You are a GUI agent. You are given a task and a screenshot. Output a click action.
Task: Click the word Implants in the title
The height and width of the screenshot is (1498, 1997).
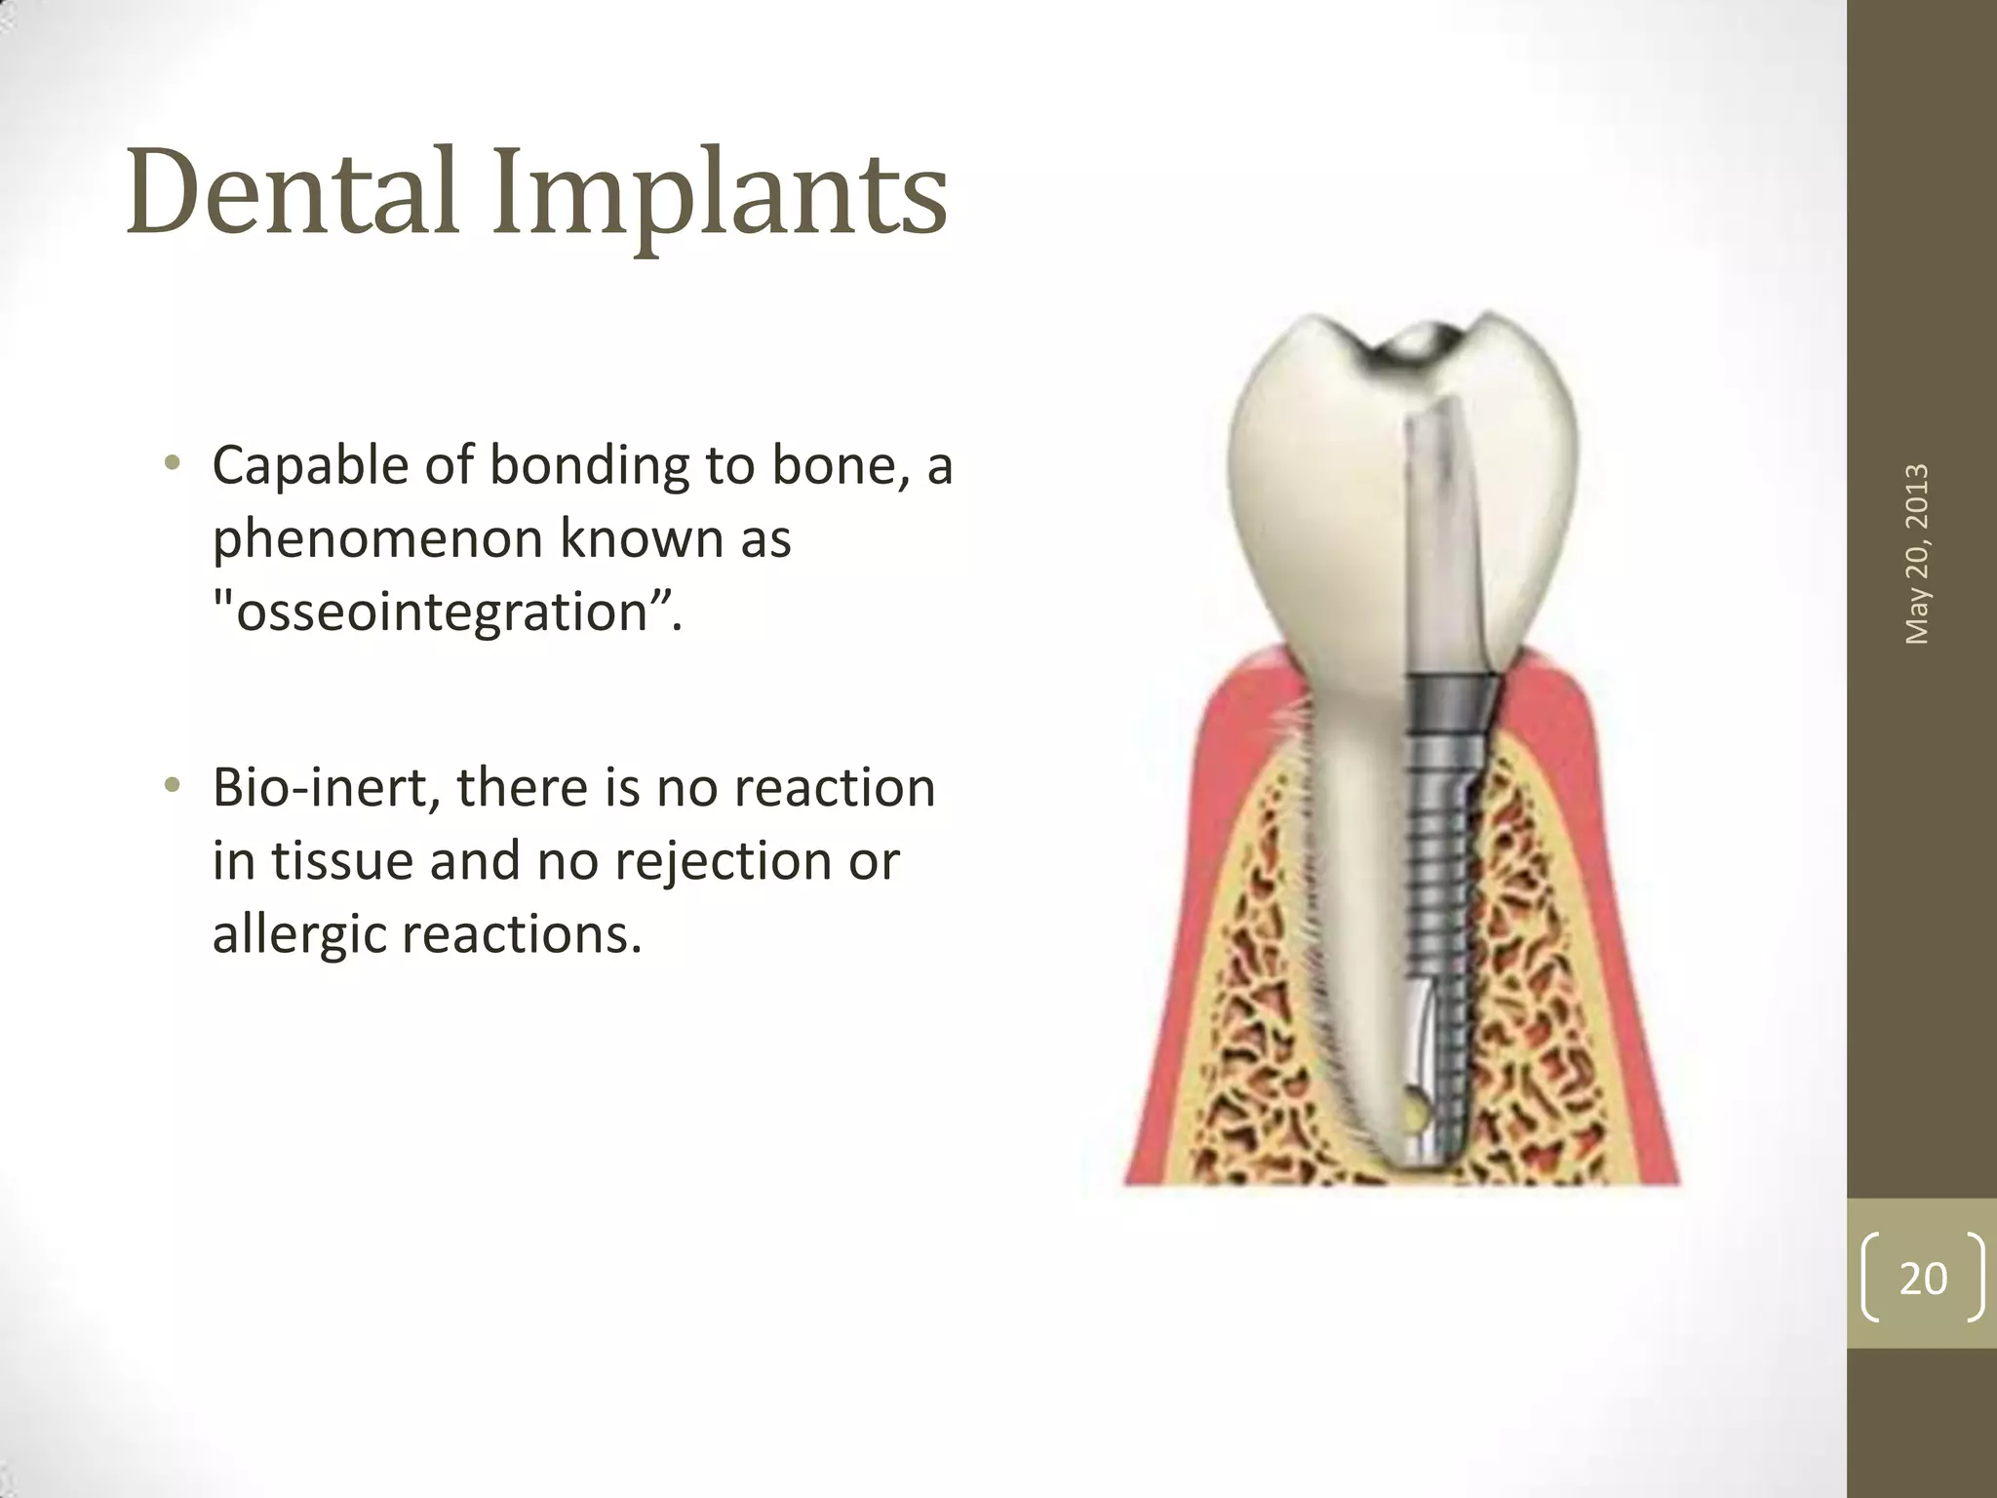(x=719, y=195)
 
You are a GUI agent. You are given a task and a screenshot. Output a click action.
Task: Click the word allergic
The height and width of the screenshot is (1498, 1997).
(x=298, y=933)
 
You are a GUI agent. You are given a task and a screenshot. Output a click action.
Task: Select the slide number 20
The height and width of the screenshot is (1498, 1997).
(x=1923, y=1279)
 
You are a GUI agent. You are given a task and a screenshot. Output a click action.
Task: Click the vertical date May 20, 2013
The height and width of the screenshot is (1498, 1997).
(x=1917, y=553)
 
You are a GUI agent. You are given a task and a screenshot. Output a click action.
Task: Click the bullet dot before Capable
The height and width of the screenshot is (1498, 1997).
(x=173, y=464)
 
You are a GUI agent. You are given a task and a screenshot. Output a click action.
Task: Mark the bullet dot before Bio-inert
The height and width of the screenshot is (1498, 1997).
(x=173, y=786)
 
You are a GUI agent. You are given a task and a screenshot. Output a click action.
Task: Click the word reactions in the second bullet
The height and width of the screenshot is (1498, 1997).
(x=521, y=933)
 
